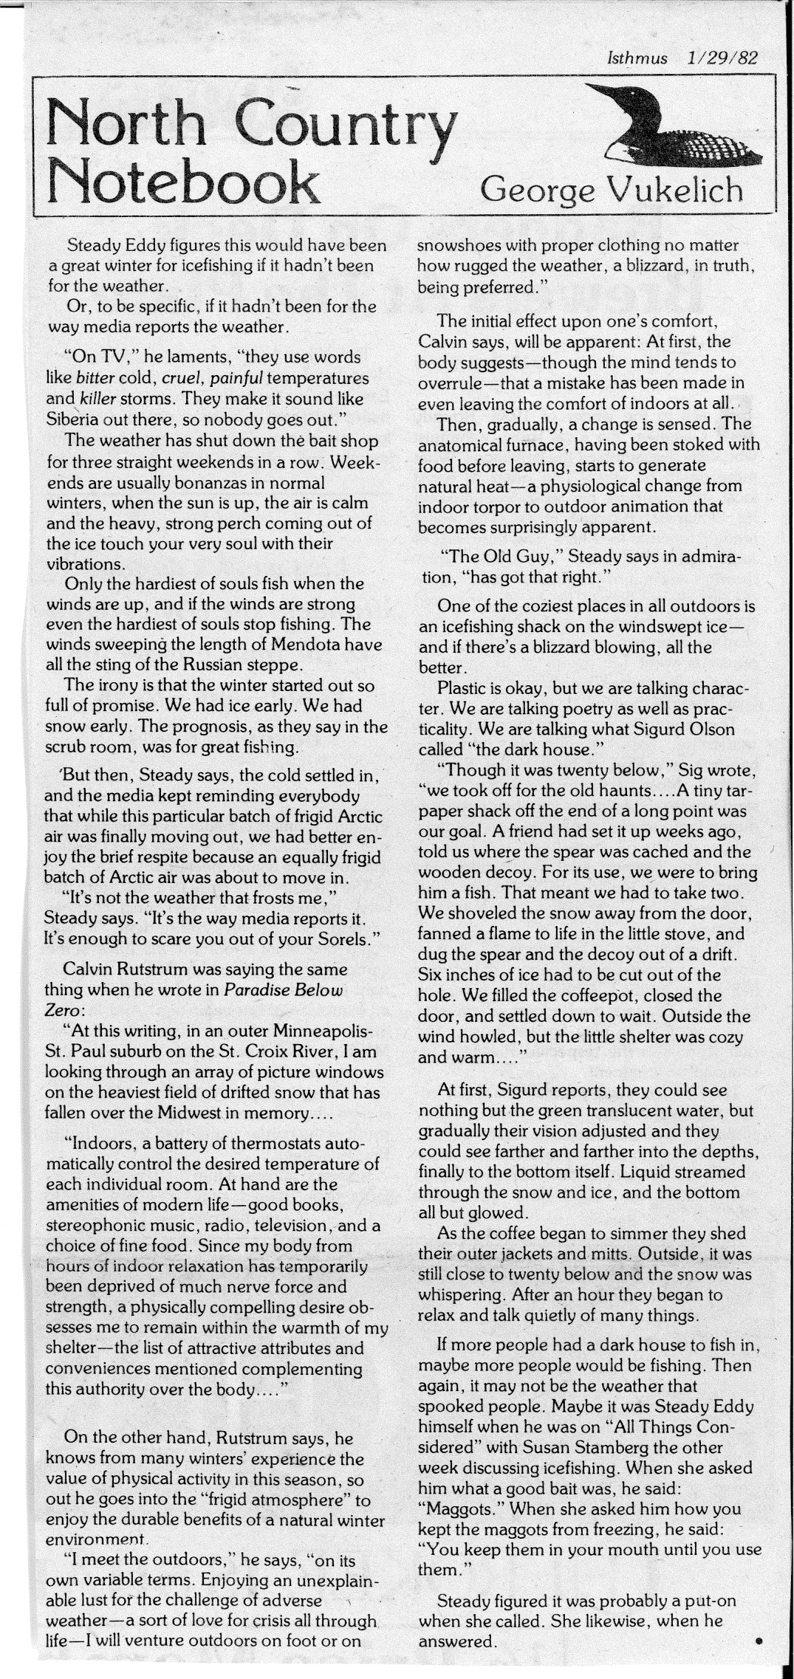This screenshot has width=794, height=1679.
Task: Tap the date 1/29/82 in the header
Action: [x=722, y=58]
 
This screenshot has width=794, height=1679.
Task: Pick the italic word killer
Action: [x=97, y=399]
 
